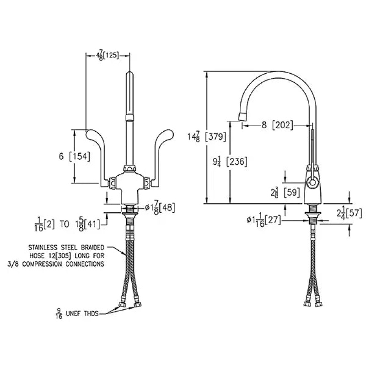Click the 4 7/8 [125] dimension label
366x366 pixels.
(x=108, y=55)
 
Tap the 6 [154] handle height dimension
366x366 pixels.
(x=74, y=156)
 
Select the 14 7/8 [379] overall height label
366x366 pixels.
(x=207, y=136)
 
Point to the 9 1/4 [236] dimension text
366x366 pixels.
(x=230, y=161)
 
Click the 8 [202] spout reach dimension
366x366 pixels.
(x=277, y=125)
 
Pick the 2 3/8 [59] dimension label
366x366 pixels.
(x=285, y=193)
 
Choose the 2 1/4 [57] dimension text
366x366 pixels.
(x=349, y=213)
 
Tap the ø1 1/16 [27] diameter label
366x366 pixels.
(x=264, y=221)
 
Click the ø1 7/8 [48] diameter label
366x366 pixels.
(x=160, y=208)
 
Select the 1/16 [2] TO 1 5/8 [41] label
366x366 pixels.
(x=67, y=225)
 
